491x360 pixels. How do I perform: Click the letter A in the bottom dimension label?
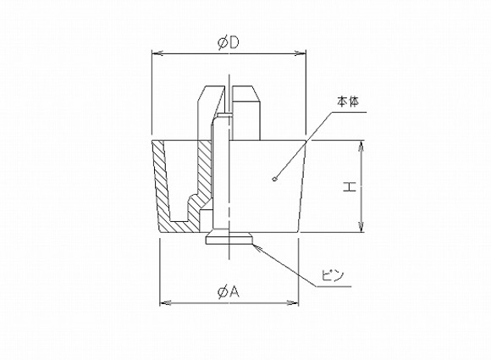[x=234, y=291]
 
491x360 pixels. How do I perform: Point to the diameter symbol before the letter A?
[x=222, y=291]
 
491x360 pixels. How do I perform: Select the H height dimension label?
[x=349, y=186]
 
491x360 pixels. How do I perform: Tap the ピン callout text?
[x=331, y=275]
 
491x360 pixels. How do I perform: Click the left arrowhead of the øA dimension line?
[x=164, y=302]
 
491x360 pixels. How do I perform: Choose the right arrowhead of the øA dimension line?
[x=296, y=302]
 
